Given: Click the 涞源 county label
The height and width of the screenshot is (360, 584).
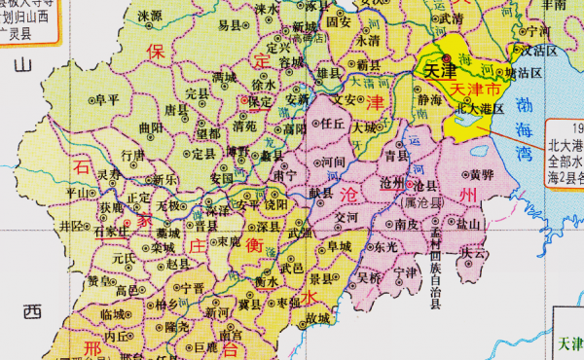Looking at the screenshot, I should pos(150,16).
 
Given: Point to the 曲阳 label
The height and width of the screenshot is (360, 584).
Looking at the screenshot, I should pos(151,126).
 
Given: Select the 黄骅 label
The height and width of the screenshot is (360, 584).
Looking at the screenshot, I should pos(469,175).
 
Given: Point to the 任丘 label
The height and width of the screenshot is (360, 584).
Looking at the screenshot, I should pos(333,124).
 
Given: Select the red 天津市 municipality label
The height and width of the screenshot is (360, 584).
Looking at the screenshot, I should pos(476,88).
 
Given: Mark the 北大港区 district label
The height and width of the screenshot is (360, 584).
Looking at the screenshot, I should pos(480,108).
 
